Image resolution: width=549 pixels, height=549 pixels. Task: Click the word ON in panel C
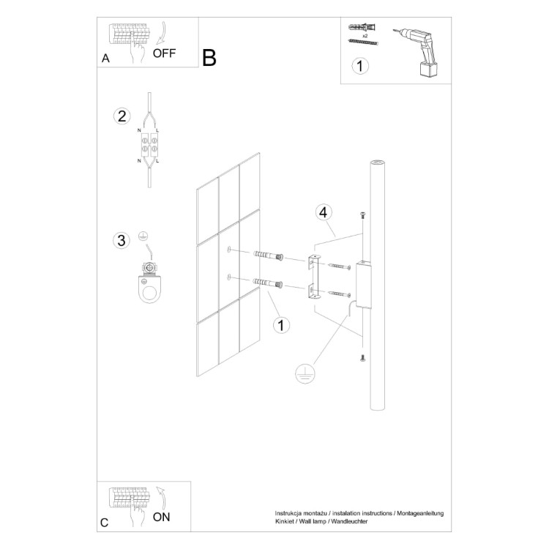(x=163, y=516)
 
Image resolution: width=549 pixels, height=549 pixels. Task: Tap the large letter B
(x=209, y=59)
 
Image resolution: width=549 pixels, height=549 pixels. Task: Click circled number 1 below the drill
(x=359, y=67)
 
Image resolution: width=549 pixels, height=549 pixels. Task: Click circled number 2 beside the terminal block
(x=122, y=116)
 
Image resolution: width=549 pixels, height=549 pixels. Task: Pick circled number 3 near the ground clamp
(x=122, y=240)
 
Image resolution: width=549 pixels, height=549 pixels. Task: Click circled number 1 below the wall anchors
(x=279, y=324)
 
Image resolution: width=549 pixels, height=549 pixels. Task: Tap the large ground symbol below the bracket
(x=304, y=374)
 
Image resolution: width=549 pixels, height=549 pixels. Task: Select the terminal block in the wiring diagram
(x=149, y=143)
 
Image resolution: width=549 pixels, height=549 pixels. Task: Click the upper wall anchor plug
(x=268, y=255)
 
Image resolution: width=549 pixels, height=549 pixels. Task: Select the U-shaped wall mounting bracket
(x=313, y=277)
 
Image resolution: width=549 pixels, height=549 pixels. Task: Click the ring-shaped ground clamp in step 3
(x=152, y=288)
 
